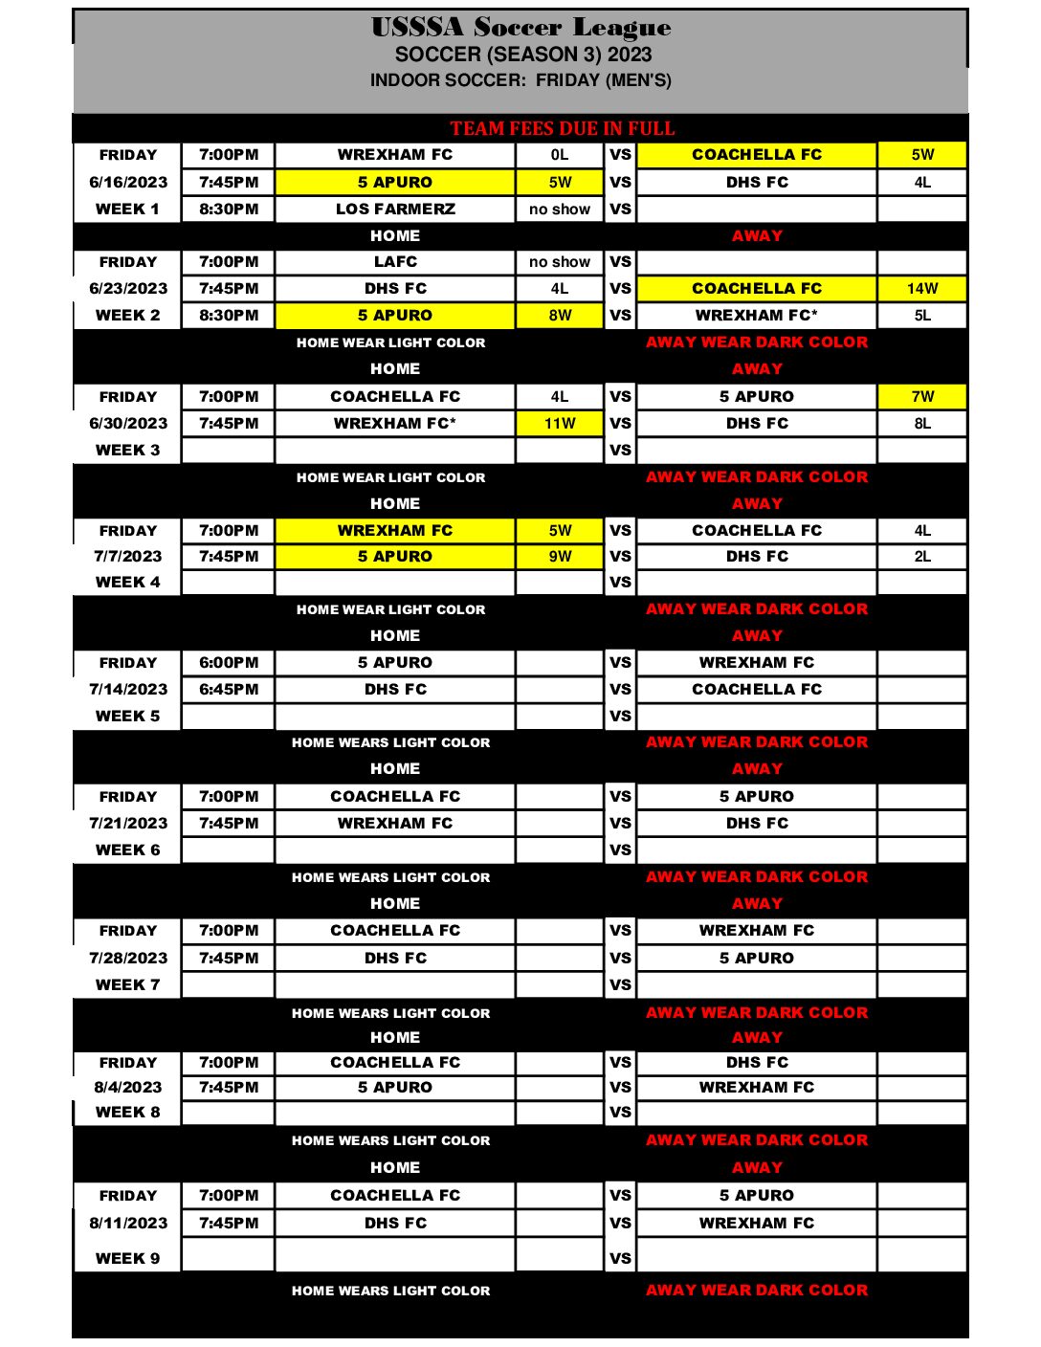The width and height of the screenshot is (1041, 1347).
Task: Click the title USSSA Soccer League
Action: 520,27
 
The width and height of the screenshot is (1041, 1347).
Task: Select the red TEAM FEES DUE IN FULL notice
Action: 562,128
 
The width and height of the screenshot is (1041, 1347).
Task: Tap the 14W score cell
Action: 922,288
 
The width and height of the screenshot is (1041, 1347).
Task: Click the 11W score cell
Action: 560,423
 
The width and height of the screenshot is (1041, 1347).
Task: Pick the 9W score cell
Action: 560,556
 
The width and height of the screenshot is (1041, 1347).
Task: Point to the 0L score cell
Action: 560,154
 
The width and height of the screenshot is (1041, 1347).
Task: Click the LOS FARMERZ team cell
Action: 395,209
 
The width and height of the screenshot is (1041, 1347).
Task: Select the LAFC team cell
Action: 395,261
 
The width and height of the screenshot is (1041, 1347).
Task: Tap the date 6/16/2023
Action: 128,182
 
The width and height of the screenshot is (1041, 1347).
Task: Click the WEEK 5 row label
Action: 128,716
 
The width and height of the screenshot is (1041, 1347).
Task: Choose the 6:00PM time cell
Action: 229,662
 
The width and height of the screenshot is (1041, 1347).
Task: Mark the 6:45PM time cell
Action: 229,689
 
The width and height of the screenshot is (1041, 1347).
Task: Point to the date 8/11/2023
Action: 128,1223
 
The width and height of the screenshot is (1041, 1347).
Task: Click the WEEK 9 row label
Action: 128,1258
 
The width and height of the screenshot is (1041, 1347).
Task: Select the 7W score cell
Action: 922,396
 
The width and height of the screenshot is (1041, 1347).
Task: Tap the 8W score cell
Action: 560,315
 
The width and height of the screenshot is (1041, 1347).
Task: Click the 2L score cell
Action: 922,556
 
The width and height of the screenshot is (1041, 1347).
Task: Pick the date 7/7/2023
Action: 128,556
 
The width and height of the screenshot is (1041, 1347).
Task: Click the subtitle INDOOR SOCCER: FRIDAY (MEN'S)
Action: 520,80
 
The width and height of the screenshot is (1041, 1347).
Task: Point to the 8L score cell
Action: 922,423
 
